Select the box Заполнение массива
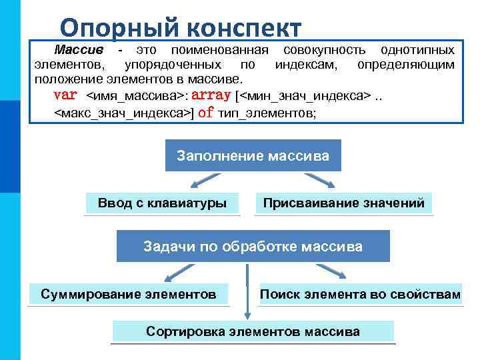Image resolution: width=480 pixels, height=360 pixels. click(253, 156)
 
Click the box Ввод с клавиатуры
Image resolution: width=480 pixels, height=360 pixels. click(162, 203)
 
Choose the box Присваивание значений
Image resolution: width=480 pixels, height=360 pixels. click(344, 203)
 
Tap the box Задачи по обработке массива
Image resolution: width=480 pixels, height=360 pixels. click(253, 247)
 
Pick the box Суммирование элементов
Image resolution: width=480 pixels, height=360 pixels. click(129, 294)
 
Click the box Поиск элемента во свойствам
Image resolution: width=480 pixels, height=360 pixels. click(360, 294)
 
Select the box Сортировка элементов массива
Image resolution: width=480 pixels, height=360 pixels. click(253, 331)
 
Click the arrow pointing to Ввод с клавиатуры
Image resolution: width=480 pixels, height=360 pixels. click(203, 182)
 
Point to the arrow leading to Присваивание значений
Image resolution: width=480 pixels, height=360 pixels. click(320, 182)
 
